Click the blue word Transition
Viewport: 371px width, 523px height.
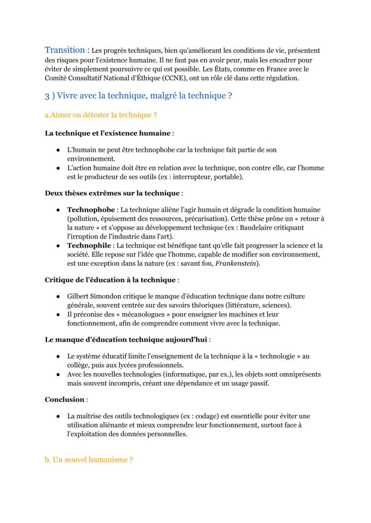pos(65,50)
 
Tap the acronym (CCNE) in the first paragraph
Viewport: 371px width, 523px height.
pos(179,78)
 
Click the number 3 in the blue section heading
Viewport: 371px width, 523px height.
pos(47,96)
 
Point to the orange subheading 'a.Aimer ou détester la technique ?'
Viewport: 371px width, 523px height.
pos(101,115)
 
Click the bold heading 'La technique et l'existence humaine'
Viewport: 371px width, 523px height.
pos(108,133)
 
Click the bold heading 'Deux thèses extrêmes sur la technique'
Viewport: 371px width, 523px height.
pos(112,193)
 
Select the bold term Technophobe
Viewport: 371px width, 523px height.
pos(91,210)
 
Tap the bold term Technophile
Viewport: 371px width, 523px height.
pos(90,246)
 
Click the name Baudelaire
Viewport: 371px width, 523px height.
pos(252,228)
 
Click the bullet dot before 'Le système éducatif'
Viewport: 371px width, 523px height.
pos(59,357)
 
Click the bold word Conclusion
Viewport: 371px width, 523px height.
pos(65,400)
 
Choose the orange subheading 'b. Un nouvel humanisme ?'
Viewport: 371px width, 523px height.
pos(89,460)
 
